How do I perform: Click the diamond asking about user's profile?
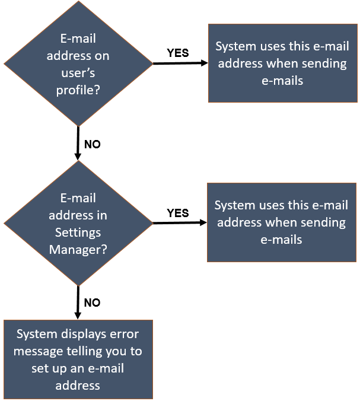pos(78,63)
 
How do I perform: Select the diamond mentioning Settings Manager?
pos(78,223)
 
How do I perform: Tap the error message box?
pos(78,359)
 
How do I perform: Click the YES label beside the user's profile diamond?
pos(178,53)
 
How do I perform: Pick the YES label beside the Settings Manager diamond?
pos(178,213)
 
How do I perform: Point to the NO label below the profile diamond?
pos(92,144)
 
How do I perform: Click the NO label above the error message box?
pos(92,303)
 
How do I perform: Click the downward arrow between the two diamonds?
pos(78,143)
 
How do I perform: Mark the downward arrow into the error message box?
pos(78,303)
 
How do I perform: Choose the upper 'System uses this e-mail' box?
pos(282,63)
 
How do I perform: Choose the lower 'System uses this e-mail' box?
pos(281,222)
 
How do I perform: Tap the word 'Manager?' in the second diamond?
pos(78,249)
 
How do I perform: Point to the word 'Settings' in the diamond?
pos(78,232)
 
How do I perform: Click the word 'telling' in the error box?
pos(89,351)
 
